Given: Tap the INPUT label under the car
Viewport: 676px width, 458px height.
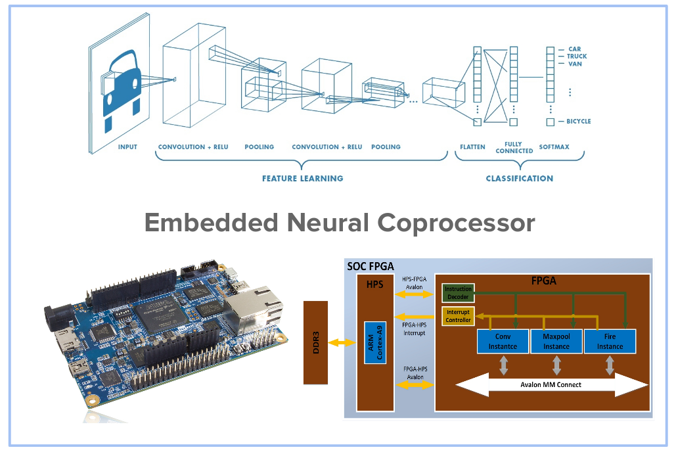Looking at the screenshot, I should coord(127,147).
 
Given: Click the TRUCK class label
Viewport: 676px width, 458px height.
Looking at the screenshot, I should coord(576,57).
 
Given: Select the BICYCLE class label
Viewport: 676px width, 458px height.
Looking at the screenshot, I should coord(578,122).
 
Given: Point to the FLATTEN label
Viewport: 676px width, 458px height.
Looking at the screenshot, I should coord(472,147).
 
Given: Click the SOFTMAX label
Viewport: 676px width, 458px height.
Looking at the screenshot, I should coord(554,147).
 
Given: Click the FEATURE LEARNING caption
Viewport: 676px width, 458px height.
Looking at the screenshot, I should coord(302,179).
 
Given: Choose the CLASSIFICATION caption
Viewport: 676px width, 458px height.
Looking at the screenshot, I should coord(519,179).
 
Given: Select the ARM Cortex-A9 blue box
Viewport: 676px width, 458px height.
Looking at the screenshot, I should coord(374,342).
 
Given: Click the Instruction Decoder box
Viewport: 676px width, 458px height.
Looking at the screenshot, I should coord(457,293).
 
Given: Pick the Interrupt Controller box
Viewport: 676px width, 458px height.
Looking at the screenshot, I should coord(458,316).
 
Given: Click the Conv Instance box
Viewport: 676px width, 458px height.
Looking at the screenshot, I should coord(503,342).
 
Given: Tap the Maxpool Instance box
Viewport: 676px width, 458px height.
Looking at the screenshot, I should coord(556,342).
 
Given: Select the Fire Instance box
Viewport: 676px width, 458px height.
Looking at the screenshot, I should coord(610,342).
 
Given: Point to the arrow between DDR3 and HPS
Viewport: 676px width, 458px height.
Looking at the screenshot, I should coord(342,342).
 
